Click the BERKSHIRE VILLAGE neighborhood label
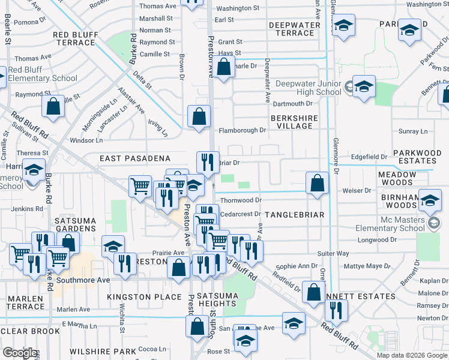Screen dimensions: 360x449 294,122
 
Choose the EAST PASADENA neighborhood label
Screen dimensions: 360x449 135,158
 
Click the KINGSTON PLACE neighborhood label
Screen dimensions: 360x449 144,297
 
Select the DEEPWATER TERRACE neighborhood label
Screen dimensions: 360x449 291,29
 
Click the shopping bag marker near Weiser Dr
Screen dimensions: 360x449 317,182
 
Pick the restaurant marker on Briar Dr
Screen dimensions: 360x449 208,162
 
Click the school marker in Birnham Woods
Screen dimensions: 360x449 430,200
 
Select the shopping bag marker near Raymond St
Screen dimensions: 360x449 53,106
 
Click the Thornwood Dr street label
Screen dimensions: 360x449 241,200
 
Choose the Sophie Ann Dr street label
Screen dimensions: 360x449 297,266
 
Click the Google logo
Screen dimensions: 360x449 20,353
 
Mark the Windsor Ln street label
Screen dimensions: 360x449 86,140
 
